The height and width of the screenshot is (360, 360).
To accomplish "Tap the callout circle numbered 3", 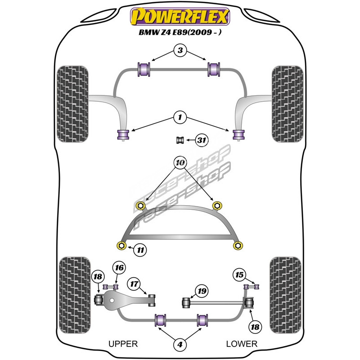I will pyautogui.click(x=180, y=51).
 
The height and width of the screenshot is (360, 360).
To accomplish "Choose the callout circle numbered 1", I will pyautogui.click(x=180, y=118).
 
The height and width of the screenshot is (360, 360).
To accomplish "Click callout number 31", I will pyautogui.click(x=202, y=141).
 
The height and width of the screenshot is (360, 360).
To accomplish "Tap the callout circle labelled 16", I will pyautogui.click(x=118, y=268).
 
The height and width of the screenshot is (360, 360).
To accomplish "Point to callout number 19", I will pyautogui.click(x=202, y=291).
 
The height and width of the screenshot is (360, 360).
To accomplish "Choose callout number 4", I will pyautogui.click(x=180, y=345).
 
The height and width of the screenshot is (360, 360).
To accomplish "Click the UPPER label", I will pyautogui.click(x=122, y=344).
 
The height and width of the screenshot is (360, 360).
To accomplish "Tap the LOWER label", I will pyautogui.click(x=242, y=344).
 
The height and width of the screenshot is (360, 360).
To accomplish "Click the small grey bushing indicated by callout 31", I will pyautogui.click(x=180, y=140).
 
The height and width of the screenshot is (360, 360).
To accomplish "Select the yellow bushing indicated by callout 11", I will pyautogui.click(x=121, y=245).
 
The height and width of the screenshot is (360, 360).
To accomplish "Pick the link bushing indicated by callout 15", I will pyautogui.click(x=252, y=286).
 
